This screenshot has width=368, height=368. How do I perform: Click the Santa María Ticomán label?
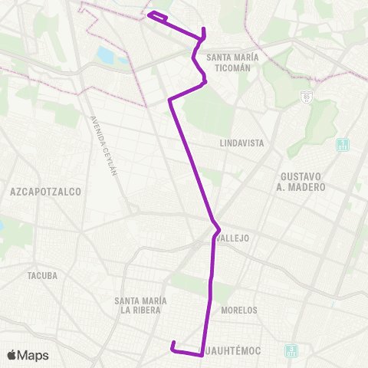228,62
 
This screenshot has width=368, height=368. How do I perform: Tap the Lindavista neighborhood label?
242,143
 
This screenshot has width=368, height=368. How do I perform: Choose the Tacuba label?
42,275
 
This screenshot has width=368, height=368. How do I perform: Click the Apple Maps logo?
28,355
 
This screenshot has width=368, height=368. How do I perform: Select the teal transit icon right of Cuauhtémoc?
291,351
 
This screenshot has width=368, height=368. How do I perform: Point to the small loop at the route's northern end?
157,15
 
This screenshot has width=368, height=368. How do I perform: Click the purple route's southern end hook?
174,344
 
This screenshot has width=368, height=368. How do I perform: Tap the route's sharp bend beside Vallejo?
219,229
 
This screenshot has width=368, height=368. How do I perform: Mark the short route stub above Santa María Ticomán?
203,33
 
